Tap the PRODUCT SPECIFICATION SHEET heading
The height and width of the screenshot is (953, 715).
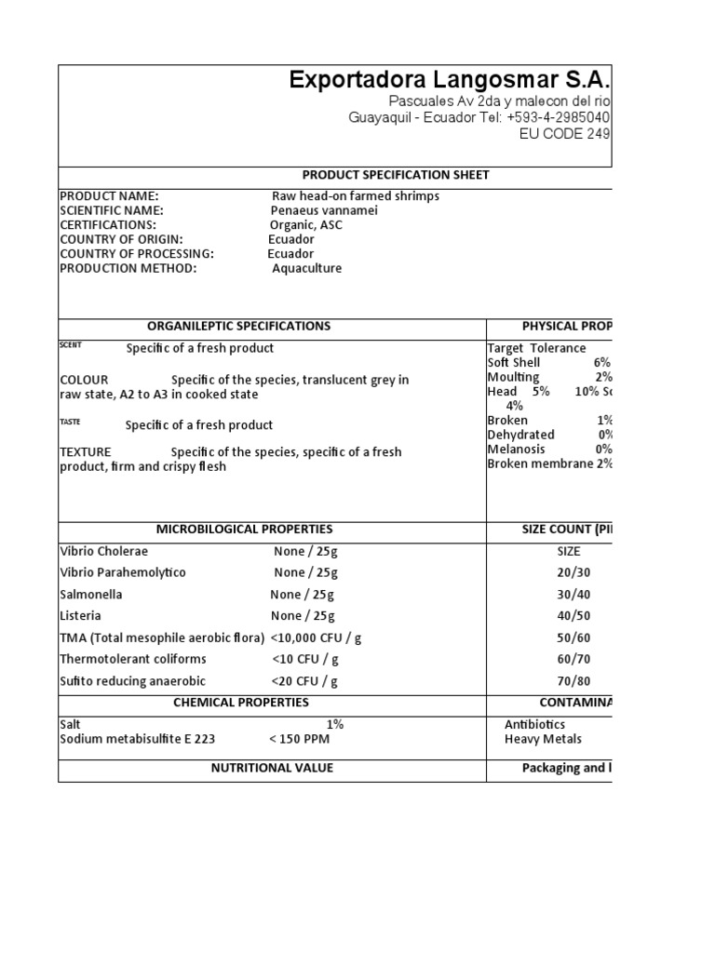pyautogui.click(x=396, y=175)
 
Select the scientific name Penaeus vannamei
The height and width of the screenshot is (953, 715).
pyautogui.click(x=324, y=210)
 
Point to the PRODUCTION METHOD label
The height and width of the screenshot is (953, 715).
pyautogui.click(x=128, y=268)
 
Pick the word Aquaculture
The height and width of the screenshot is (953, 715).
pyautogui.click(x=306, y=268)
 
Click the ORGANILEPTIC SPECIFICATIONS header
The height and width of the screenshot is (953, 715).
pyautogui.click(x=238, y=326)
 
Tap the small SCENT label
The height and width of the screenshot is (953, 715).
pyautogui.click(x=71, y=345)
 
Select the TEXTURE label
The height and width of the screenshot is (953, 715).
pyautogui.click(x=85, y=451)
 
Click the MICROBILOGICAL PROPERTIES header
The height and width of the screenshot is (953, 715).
pyautogui.click(x=245, y=529)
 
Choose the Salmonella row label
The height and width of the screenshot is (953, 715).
pyautogui.click(x=90, y=594)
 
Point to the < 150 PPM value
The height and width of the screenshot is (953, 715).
pyautogui.click(x=299, y=739)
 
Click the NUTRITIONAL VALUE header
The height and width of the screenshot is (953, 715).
pyautogui.click(x=272, y=768)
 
